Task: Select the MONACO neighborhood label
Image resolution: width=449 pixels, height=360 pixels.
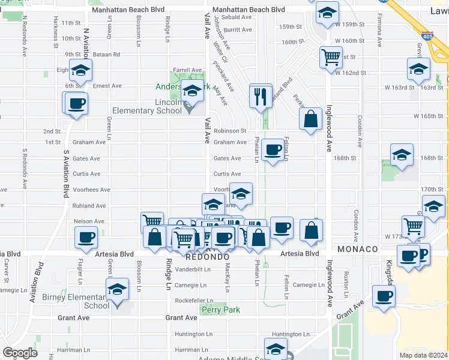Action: (x=357, y=249)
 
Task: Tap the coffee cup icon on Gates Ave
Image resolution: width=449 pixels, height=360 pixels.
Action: (x=273, y=150)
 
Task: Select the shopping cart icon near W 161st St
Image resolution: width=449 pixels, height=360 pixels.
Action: (x=331, y=58)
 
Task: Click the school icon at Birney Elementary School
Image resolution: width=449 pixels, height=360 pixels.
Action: (x=118, y=290)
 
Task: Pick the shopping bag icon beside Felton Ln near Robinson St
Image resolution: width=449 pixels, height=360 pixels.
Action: (x=311, y=119)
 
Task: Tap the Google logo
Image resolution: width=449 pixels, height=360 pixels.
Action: (x=20, y=353)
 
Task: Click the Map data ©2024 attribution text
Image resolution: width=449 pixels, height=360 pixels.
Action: (x=423, y=355)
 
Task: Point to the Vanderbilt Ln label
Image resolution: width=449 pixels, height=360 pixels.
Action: (x=192, y=269)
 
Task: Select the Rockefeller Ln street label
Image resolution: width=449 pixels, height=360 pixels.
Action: (x=194, y=301)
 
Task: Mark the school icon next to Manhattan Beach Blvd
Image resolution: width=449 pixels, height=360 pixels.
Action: (x=327, y=13)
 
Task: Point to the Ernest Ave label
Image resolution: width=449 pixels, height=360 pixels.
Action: (x=107, y=86)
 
